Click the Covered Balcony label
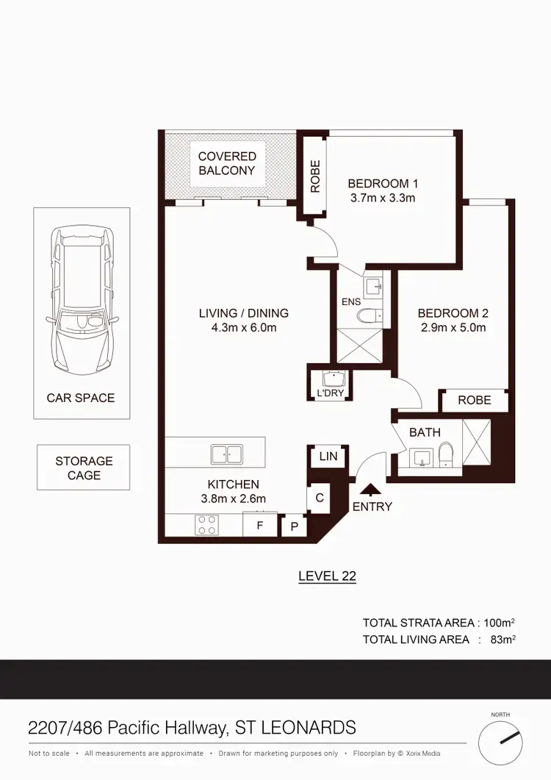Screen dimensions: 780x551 point(227,163)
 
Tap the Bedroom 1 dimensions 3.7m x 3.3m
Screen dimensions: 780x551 point(383,198)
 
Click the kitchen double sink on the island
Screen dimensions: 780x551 point(226,454)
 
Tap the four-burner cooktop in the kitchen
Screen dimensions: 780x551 point(206,525)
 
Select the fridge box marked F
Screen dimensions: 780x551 point(259,526)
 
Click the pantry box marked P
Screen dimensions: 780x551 point(295,526)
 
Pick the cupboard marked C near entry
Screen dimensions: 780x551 point(320,498)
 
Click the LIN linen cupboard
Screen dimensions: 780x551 point(328,457)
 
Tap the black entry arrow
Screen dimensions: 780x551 point(371,489)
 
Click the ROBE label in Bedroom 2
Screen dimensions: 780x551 point(474,401)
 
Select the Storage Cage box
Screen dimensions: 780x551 point(84,468)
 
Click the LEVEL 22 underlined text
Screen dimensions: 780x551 point(327,576)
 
